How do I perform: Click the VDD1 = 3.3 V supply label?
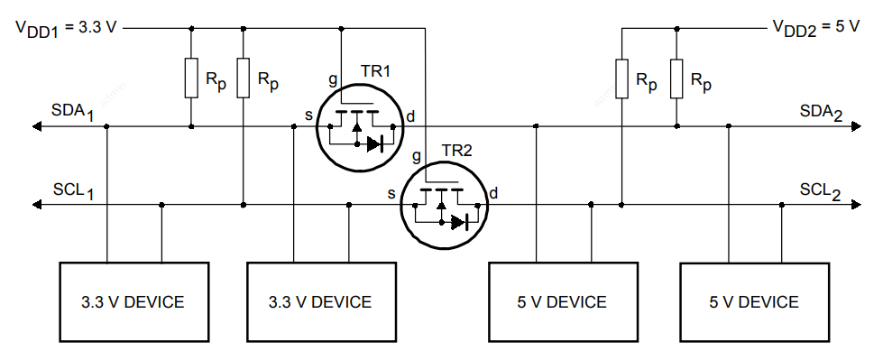(x=67, y=28)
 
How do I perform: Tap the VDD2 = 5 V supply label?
(x=815, y=27)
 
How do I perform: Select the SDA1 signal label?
(x=73, y=112)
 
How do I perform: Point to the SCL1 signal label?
(x=73, y=190)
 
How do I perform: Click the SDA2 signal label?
(x=821, y=113)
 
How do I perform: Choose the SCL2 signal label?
(x=821, y=191)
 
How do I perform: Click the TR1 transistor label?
(x=375, y=71)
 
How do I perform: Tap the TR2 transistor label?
(x=456, y=151)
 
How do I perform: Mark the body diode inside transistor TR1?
(x=375, y=144)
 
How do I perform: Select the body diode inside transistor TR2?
(x=459, y=223)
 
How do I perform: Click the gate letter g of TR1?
(x=333, y=80)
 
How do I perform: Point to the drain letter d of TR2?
(x=493, y=193)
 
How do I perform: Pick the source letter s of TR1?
(x=308, y=116)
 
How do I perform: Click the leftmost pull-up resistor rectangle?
(x=191, y=78)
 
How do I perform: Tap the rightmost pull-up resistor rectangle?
(x=676, y=78)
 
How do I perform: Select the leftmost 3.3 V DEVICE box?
(x=134, y=302)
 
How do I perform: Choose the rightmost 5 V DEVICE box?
(x=755, y=302)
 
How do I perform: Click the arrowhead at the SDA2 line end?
(x=857, y=126)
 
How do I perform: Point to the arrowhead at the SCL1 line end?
(x=37, y=205)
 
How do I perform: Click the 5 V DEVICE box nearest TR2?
(x=563, y=302)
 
